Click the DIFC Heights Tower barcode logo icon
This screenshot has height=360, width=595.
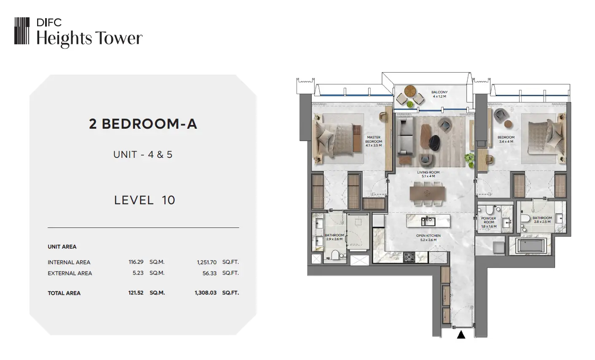[x=22, y=31]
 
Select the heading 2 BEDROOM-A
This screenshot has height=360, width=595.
[x=143, y=124]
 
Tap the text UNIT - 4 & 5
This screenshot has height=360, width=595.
[x=143, y=154]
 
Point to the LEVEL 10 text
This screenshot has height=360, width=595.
[x=145, y=200]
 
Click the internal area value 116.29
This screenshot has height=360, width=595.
[x=136, y=262]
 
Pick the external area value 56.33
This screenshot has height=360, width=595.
[x=210, y=273]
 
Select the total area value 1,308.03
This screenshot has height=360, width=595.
[x=206, y=293]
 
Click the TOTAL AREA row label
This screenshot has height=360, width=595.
[x=64, y=293]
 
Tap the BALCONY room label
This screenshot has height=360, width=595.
[x=439, y=92]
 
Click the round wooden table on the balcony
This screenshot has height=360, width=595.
[x=410, y=91]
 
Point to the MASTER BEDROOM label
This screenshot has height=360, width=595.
[x=374, y=139]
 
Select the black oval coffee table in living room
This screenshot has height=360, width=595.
[x=434, y=143]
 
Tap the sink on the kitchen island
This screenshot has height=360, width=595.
[x=428, y=222]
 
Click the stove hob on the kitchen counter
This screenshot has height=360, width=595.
[x=409, y=257]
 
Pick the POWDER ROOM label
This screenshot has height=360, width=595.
[x=489, y=220]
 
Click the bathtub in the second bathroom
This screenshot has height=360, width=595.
[x=531, y=246]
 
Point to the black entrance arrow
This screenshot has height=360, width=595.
[x=461, y=335]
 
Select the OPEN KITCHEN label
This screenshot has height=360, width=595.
[x=428, y=236]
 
